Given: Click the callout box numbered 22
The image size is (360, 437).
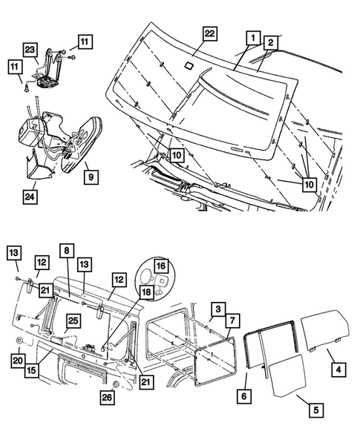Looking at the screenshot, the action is (x=210, y=33).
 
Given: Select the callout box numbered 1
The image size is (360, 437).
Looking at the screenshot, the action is (x=253, y=38).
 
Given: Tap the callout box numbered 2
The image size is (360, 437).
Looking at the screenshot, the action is (x=270, y=42).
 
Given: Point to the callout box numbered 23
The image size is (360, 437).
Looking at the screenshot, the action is (x=30, y=50).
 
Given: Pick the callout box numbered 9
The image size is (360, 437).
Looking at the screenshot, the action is (x=91, y=177).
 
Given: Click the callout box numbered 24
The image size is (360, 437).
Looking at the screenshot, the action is (x=30, y=197).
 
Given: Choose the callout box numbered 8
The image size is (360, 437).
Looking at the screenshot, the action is (x=67, y=250).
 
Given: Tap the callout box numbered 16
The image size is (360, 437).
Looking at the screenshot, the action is (x=161, y=266).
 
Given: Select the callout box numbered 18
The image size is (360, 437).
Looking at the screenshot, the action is (x=146, y=292).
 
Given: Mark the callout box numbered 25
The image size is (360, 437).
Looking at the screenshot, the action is (x=73, y=321).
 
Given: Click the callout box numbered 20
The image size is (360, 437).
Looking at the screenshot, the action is (x=18, y=361).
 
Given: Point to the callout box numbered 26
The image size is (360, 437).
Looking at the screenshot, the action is (x=108, y=398).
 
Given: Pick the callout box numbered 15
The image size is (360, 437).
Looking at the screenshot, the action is (x=32, y=370).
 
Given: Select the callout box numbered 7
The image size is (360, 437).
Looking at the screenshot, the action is (x=232, y=321).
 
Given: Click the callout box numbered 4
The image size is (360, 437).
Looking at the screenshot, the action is (x=338, y=369).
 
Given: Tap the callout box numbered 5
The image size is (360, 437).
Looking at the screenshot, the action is (x=316, y=410).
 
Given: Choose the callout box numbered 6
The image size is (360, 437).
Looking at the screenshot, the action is (x=244, y=395).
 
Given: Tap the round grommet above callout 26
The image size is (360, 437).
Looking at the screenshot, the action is (x=116, y=385).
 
